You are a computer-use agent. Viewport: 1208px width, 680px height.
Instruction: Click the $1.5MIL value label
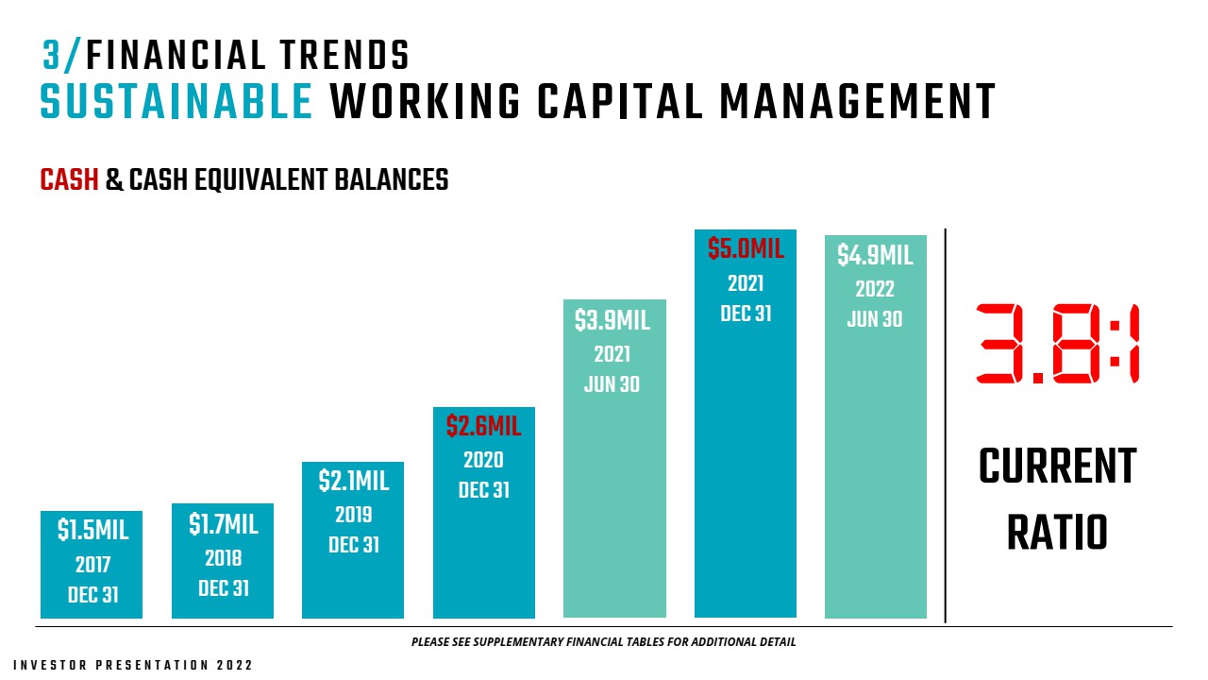(x=92, y=530)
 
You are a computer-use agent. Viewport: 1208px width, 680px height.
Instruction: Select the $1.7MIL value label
(x=224, y=524)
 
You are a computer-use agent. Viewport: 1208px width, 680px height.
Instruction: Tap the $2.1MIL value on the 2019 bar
(x=353, y=481)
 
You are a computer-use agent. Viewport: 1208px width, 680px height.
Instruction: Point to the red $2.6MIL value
(x=484, y=426)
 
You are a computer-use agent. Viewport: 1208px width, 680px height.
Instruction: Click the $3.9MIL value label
(x=612, y=320)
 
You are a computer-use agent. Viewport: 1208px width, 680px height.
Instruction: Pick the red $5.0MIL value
(x=746, y=249)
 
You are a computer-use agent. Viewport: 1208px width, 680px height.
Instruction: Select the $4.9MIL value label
(x=875, y=255)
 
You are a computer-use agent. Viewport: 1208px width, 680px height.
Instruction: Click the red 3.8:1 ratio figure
(x=1058, y=344)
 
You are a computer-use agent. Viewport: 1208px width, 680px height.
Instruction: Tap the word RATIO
(x=1058, y=533)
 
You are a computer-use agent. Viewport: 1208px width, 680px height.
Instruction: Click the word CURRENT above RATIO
(x=1058, y=467)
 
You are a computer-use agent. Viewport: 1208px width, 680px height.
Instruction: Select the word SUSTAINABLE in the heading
(x=176, y=101)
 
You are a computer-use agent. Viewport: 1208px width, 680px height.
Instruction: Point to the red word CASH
(x=69, y=179)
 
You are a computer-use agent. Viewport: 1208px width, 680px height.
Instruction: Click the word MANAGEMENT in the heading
(x=858, y=101)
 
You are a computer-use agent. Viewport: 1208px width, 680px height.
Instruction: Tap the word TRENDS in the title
(x=344, y=56)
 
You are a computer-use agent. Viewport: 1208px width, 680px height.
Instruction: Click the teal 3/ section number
(x=62, y=56)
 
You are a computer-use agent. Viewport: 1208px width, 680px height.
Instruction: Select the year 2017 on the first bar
(x=92, y=565)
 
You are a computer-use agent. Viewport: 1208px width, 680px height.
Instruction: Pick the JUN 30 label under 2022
(x=875, y=319)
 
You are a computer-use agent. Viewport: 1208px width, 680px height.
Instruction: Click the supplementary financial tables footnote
(x=603, y=642)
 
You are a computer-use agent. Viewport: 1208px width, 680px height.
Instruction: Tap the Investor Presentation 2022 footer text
(x=133, y=666)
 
